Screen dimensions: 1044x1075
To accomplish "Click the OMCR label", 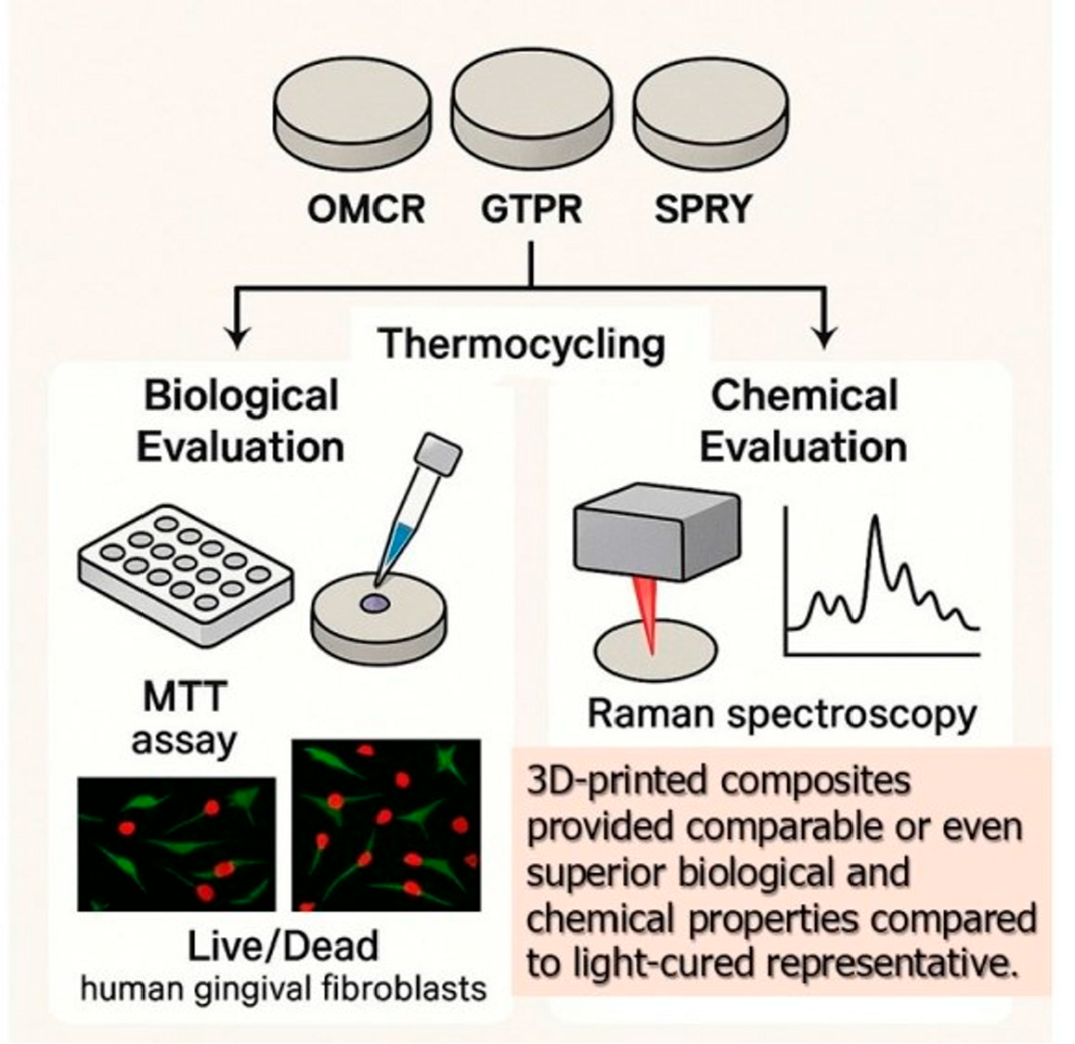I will click(365, 210).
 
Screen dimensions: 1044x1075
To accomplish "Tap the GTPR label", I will click(531, 210).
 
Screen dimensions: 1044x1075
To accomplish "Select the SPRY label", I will click(703, 210).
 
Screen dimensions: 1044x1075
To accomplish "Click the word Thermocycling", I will click(522, 344).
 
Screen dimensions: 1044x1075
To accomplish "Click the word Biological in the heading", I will click(240, 396).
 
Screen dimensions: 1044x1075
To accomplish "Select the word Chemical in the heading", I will click(804, 396).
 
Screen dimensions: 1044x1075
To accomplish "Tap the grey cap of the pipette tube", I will click(439, 458).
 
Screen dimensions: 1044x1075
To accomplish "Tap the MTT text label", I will click(184, 696).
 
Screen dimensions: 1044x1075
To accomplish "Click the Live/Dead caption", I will click(283, 946).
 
